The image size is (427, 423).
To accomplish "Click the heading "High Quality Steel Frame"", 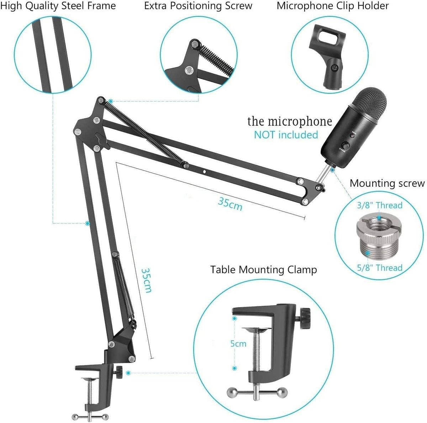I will (x=58, y=6).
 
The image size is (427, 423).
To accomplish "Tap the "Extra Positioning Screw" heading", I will (x=198, y=6).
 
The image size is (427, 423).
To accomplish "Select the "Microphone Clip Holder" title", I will (x=333, y=6).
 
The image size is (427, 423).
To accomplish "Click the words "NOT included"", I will (x=286, y=135).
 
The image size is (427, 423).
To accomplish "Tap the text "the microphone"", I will (x=289, y=121).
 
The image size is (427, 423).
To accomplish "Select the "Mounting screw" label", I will (x=387, y=183).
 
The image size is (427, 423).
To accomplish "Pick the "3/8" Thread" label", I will (x=379, y=205).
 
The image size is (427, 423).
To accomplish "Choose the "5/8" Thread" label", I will (x=379, y=268).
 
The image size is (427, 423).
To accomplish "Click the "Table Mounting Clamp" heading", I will (x=263, y=269).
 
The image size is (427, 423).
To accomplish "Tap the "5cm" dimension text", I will (x=238, y=344).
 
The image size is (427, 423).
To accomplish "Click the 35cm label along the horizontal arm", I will (x=230, y=204).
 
